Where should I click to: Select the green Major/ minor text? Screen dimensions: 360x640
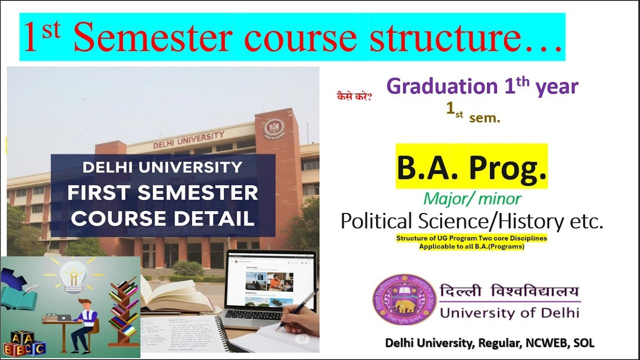click(x=472, y=199)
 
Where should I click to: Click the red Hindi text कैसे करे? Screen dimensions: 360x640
click(x=353, y=95)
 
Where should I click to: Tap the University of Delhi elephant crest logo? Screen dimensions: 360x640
click(x=403, y=299)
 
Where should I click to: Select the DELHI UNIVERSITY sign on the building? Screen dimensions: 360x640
click(x=189, y=139)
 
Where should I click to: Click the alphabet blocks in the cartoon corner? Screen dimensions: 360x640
click(x=23, y=343)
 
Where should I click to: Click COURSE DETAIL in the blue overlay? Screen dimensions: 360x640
click(x=163, y=219)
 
